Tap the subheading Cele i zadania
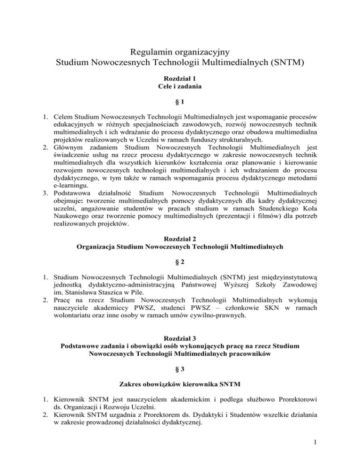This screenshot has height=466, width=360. pos(180,88)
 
